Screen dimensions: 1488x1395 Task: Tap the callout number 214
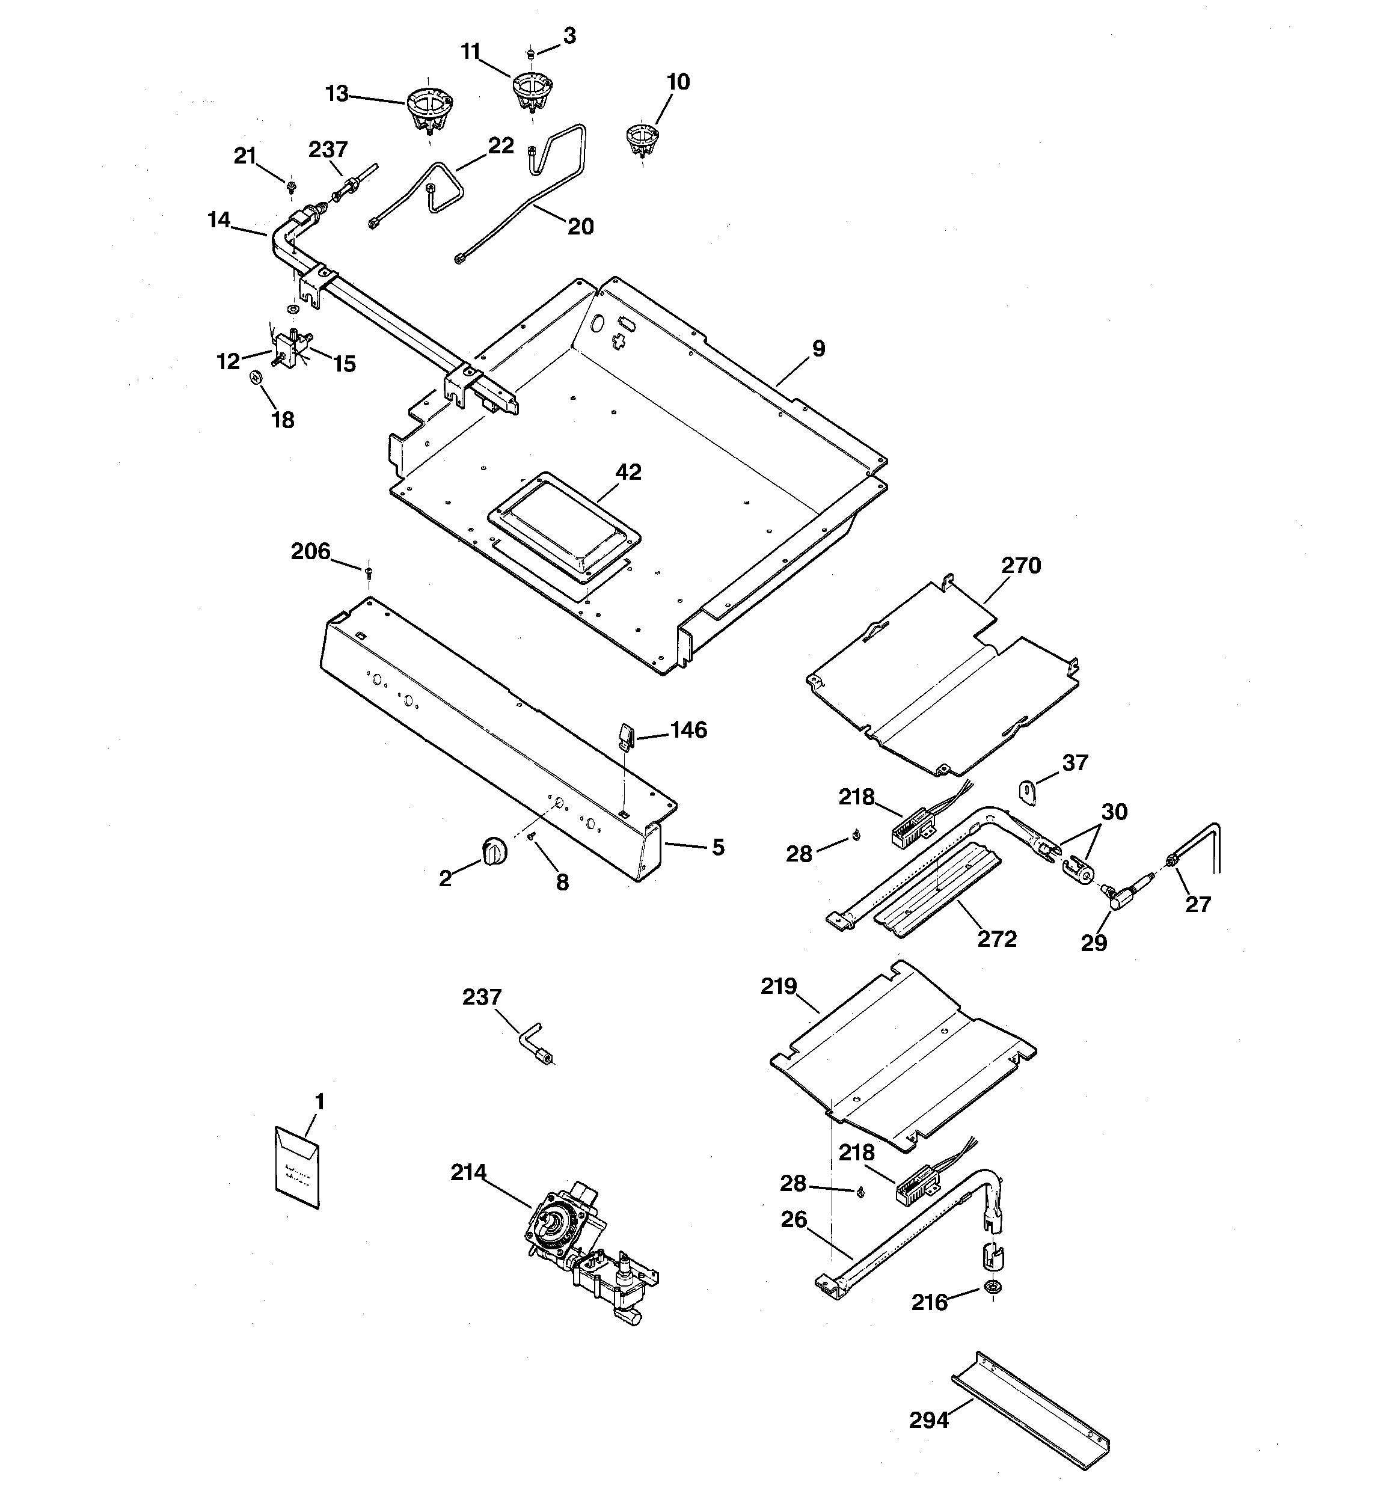point(468,1172)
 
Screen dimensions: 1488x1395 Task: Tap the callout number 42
point(628,473)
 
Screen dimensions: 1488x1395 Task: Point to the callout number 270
point(1020,566)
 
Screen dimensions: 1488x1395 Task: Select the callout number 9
point(818,349)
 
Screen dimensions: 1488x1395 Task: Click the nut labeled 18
point(256,377)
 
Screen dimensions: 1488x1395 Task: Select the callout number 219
point(778,987)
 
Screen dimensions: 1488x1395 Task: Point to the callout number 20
point(580,226)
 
